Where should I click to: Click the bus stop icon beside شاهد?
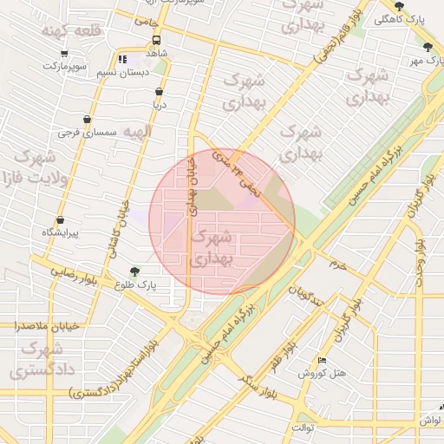click(x=157, y=41)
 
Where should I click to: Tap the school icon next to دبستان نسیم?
click(x=122, y=59)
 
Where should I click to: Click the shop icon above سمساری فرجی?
click(x=87, y=120)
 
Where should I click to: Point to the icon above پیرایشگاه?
click(x=60, y=220)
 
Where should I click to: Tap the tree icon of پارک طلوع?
click(x=134, y=271)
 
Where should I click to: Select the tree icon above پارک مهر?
click(x=427, y=48)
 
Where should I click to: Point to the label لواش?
click(x=430, y=420)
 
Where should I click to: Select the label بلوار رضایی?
click(x=79, y=276)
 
